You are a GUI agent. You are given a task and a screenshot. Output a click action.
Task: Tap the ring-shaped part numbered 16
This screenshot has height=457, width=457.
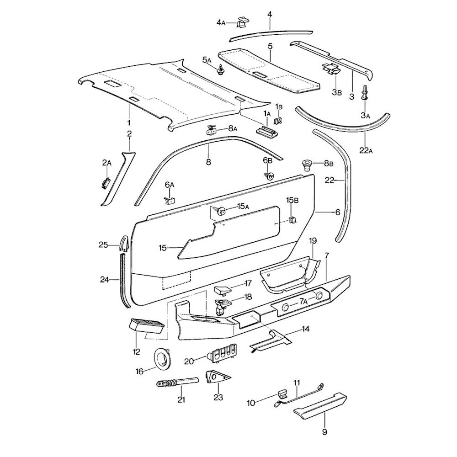pyautogui.click(x=161, y=358)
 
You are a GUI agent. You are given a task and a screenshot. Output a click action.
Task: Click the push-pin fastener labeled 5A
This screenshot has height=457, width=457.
pyautogui.click(x=222, y=70)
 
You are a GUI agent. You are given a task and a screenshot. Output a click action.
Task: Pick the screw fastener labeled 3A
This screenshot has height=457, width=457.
pyautogui.click(x=365, y=92)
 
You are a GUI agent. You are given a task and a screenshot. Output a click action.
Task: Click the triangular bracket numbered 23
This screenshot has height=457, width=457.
pyautogui.click(x=217, y=377)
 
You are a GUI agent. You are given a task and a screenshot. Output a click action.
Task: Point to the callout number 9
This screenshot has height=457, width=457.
pyautogui.click(x=324, y=432)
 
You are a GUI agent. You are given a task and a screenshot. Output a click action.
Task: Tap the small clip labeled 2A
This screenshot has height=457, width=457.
pyautogui.click(x=106, y=182)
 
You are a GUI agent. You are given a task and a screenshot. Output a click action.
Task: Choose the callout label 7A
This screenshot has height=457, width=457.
pyautogui.click(x=304, y=302)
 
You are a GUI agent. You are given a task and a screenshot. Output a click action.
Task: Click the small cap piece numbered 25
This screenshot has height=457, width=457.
pyautogui.click(x=124, y=243)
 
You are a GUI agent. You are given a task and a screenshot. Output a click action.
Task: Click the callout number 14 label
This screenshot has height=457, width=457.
pyautogui.click(x=305, y=329)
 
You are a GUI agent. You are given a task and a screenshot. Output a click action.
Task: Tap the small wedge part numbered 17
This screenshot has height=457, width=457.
pyautogui.click(x=223, y=290)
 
